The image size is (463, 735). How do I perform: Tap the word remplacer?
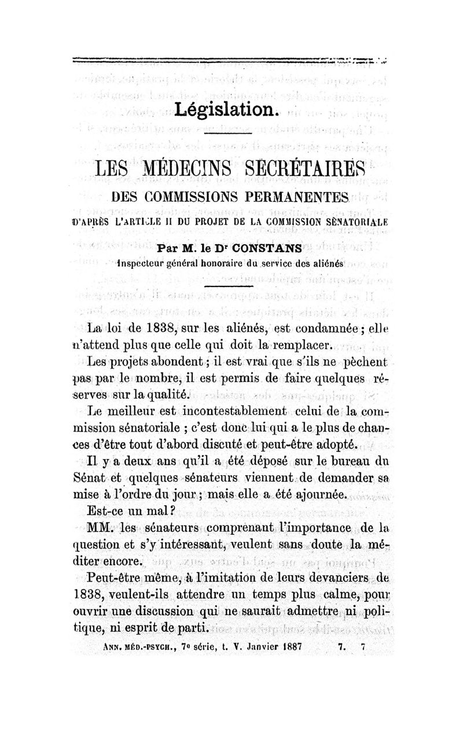[x=299, y=346]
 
